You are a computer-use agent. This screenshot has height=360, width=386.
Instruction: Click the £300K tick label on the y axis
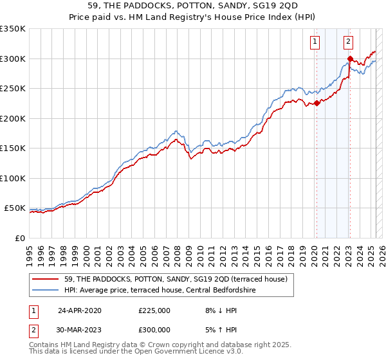click(13, 59)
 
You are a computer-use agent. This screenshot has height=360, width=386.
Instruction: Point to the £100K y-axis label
click(13, 178)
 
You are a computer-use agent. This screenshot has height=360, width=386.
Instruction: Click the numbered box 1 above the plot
click(315, 42)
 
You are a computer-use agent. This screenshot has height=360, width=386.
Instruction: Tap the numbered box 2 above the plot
click(348, 42)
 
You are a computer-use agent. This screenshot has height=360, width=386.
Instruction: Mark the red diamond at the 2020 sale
click(317, 103)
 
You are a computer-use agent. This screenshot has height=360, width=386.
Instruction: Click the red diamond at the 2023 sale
click(350, 59)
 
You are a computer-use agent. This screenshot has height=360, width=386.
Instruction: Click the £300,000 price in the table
click(155, 329)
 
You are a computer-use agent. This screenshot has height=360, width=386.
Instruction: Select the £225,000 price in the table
click(155, 310)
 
